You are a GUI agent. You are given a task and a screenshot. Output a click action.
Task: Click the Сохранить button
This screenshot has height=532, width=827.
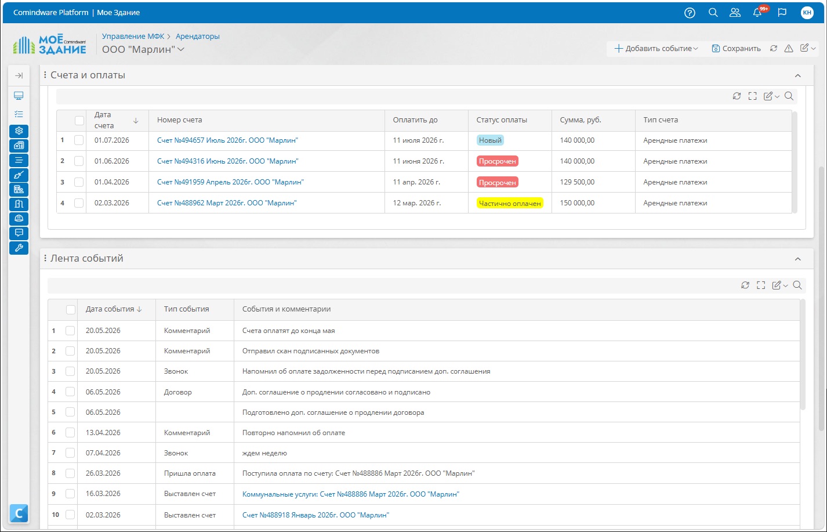coord(736,48)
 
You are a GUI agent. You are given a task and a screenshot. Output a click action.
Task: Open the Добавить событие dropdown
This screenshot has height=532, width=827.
coord(656,48)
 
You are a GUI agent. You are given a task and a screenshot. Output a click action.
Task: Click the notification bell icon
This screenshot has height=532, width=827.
coord(757,13)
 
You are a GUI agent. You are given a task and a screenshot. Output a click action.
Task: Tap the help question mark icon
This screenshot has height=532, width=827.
coord(690,13)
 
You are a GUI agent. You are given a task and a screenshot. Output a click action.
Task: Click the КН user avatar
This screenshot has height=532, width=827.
coord(807,13)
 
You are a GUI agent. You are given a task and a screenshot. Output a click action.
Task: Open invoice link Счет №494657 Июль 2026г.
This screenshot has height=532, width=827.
coord(227,140)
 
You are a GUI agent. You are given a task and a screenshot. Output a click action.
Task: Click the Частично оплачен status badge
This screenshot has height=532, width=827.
coord(510,203)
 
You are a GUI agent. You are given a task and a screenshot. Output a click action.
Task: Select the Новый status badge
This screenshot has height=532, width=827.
coord(490,140)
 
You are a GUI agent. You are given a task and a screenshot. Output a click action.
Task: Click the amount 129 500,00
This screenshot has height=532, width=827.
coord(577,182)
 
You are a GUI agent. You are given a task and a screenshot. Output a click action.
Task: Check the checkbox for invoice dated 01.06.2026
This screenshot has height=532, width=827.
coord(79,161)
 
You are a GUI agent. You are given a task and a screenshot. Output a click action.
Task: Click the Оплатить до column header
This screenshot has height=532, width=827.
coord(415,120)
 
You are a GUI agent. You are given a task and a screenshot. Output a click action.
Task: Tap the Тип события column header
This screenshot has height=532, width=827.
coord(186,309)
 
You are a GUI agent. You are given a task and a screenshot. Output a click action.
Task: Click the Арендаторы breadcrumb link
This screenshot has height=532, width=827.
coord(198,36)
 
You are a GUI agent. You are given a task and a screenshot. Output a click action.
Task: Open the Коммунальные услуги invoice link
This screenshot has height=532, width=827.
coord(351,494)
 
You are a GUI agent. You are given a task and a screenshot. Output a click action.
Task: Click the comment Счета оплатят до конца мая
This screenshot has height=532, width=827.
coord(288,331)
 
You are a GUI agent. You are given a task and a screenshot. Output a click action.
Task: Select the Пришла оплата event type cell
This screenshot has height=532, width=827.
coord(190,473)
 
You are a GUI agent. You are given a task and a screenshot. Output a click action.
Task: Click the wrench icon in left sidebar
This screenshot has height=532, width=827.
coord(19,248)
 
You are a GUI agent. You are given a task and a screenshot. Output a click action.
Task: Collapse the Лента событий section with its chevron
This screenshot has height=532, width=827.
coord(798,259)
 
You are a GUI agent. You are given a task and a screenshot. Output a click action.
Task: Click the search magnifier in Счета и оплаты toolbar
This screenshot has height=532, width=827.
coord(789,96)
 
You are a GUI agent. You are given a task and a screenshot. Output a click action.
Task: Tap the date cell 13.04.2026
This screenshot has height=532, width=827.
coord(103,433)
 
